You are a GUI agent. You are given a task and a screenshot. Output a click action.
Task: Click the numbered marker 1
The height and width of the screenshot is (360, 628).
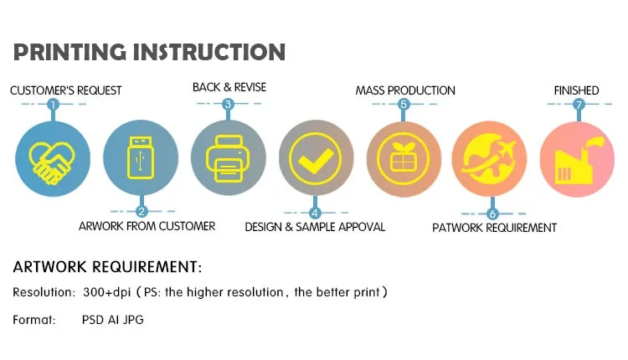click(x=53, y=105)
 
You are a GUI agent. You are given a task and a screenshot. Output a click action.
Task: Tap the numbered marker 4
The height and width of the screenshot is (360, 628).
click(x=315, y=213)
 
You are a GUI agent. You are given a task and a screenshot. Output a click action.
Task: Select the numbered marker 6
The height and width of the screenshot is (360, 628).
click(x=492, y=213)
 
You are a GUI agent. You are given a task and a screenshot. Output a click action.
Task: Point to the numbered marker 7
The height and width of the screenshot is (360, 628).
click(x=579, y=105)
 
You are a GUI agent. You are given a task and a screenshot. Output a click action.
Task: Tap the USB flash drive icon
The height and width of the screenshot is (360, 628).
click(x=140, y=157)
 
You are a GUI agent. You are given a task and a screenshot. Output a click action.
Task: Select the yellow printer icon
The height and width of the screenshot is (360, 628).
click(x=228, y=159)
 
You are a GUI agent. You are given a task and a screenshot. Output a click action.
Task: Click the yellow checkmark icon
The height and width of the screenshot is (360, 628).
click(x=315, y=159)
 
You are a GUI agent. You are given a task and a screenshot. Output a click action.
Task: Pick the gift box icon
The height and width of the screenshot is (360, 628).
click(x=403, y=158)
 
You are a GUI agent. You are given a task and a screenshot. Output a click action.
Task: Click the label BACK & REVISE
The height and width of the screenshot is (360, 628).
click(x=229, y=87)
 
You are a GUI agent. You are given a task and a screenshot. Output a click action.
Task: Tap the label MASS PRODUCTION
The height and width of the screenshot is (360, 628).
click(x=405, y=90)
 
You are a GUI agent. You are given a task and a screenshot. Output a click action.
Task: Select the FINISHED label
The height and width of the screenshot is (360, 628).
click(x=576, y=90)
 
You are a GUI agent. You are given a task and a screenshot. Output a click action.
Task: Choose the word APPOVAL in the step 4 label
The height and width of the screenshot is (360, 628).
click(x=362, y=227)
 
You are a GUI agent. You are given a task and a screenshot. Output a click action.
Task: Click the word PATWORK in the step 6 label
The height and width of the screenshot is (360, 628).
click(x=458, y=228)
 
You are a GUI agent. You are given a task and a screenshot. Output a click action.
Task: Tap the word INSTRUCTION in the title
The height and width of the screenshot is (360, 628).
click(x=209, y=53)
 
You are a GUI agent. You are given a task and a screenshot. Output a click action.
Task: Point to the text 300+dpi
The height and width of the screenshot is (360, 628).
click(x=107, y=292)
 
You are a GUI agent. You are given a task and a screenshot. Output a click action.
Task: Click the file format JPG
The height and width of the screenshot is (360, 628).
click(x=133, y=320)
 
